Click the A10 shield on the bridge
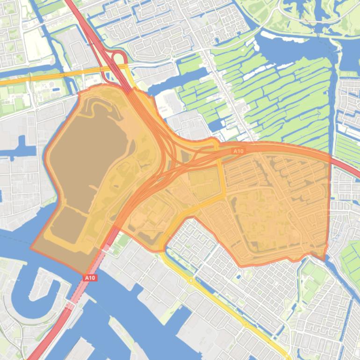tap(90, 278)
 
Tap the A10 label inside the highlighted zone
tap(238, 151)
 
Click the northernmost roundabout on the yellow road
tap(191, 281)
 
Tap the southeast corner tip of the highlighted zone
tap(324, 260)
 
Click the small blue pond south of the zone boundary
tap(239, 276)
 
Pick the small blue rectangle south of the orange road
tap(56, 89)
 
